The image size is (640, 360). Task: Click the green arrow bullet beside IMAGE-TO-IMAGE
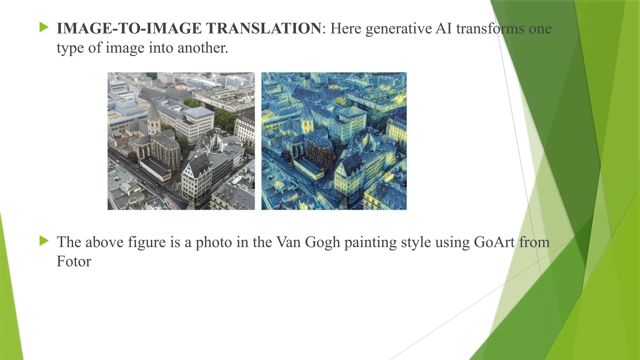tap(44, 27)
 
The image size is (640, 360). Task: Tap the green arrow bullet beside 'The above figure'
tap(44, 241)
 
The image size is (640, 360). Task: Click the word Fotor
tap(74, 261)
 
